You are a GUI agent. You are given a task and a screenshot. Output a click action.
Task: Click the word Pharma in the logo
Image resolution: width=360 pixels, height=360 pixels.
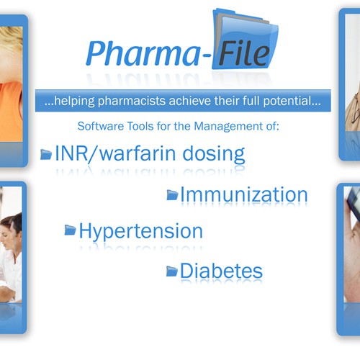click(x=143, y=53)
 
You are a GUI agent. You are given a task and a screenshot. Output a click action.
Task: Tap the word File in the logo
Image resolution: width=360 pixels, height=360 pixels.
click(x=244, y=53)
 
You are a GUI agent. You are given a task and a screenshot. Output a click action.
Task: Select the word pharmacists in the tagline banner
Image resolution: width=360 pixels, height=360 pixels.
click(x=132, y=102)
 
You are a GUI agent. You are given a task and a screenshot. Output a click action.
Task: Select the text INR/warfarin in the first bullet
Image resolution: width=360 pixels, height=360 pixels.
click(x=115, y=153)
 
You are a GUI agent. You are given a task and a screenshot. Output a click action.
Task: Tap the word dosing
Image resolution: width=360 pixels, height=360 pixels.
click(x=213, y=155)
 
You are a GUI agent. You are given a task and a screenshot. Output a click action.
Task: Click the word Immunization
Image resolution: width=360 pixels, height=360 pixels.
click(x=244, y=194)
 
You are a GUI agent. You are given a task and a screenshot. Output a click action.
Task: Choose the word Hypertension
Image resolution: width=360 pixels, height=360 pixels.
click(x=141, y=231)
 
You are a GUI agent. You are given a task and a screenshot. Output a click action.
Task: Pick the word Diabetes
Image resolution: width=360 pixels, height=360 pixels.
click(x=221, y=271)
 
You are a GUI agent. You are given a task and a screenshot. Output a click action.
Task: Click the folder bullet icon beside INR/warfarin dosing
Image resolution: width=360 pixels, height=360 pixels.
click(x=46, y=154)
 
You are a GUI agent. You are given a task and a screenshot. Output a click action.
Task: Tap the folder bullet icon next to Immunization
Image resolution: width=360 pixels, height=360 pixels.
click(x=172, y=194)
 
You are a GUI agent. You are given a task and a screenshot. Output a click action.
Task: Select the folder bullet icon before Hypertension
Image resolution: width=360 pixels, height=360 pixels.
click(x=70, y=230)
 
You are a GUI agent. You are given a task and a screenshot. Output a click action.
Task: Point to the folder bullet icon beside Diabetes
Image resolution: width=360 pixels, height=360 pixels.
click(x=172, y=271)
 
